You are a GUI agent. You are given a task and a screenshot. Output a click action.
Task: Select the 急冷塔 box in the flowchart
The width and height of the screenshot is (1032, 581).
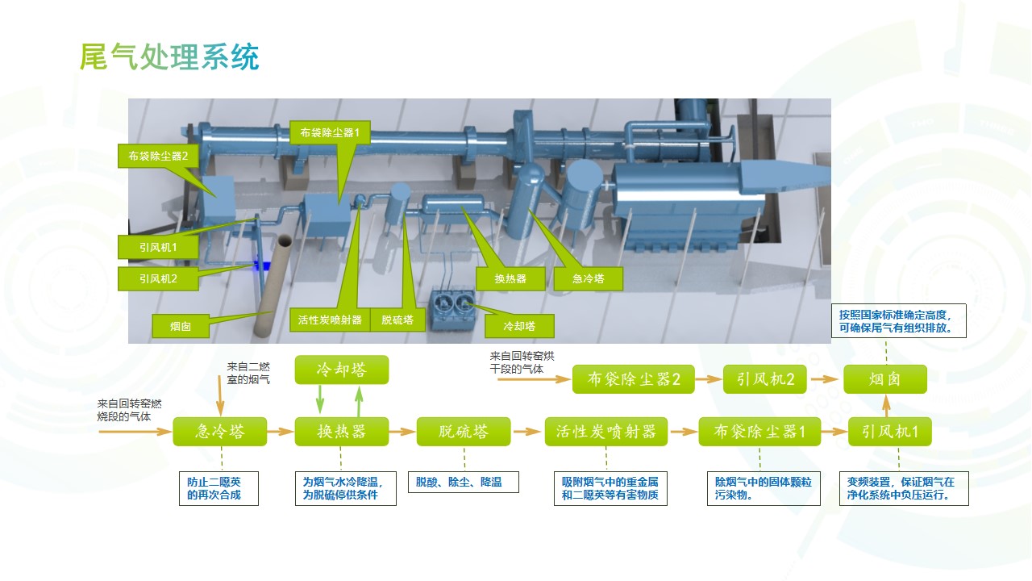coord(219,432)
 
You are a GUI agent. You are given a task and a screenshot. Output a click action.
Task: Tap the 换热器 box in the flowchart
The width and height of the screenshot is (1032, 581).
coord(341,432)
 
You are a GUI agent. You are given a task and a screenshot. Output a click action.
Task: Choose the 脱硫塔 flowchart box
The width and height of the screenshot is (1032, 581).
coord(464,432)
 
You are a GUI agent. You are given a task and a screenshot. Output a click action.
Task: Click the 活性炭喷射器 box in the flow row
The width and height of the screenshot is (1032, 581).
coord(605,432)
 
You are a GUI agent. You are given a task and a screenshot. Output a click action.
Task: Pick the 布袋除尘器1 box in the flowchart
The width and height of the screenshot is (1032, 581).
coord(759,432)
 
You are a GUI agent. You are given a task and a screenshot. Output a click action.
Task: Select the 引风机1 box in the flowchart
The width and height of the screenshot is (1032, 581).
coord(889,432)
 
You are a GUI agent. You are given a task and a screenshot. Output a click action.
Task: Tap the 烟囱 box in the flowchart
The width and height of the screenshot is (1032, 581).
coord(884,379)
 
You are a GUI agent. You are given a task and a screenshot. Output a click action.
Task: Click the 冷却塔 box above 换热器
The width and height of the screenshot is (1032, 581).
coord(341,370)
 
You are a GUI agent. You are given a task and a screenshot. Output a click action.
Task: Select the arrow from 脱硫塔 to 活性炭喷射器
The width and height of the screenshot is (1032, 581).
coord(527,432)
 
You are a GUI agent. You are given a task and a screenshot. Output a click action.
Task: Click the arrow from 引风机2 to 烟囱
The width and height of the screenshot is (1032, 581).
coord(824,379)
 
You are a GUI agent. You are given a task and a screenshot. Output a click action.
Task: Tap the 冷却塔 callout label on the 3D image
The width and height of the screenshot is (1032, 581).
coord(520,326)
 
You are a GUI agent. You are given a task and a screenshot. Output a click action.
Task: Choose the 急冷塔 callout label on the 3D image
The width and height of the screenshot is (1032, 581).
coord(589,279)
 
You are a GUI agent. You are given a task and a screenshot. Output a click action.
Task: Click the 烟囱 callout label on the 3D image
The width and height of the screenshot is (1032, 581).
coord(180,327)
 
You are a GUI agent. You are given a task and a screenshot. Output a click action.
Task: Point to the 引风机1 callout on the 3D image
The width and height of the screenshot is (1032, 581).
coord(158,246)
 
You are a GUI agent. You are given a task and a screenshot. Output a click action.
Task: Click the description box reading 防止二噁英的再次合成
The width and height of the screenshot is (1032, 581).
coord(218,488)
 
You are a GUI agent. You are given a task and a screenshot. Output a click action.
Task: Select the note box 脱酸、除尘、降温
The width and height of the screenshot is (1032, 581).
coord(463,482)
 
